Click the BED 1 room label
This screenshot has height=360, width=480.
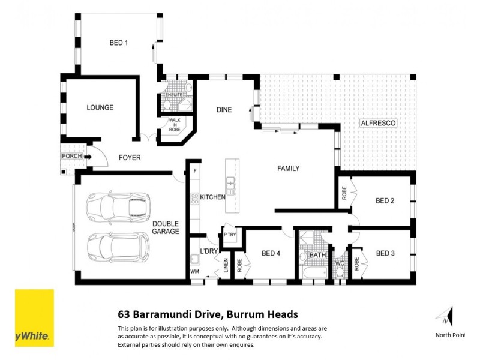click(118, 43)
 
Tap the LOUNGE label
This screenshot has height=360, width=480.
click(100, 108)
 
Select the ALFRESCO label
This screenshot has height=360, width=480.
click(378, 123)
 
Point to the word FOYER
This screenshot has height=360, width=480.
click(129, 158)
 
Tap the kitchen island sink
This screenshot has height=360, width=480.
click(230, 182)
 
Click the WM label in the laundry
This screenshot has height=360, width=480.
click(194, 272)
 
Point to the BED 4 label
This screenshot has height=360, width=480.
click(271, 253)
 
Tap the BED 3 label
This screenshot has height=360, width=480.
click(385, 253)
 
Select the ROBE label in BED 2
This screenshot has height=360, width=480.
click(344, 193)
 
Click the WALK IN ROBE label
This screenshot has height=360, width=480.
click(174, 125)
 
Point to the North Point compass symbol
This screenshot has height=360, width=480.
click(446, 316)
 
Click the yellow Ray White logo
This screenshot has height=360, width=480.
click(34, 317)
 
